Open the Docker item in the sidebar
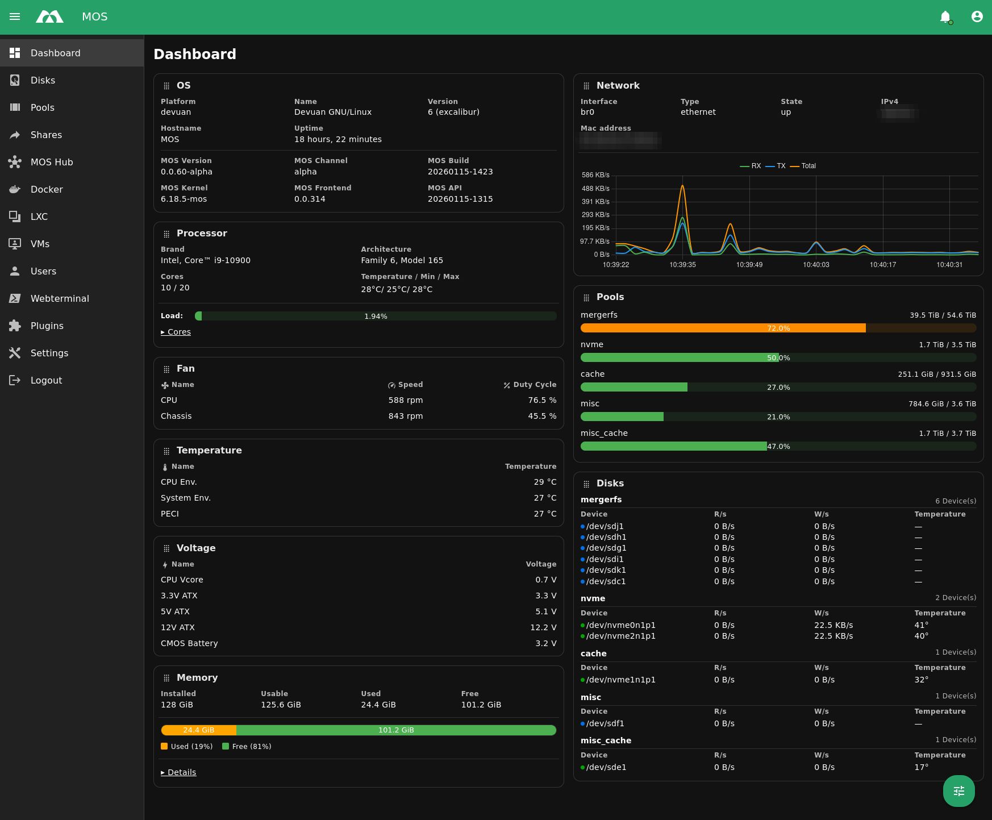pyautogui.click(x=47, y=189)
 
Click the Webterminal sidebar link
pyautogui.click(x=60, y=298)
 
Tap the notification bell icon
pyautogui.click(x=945, y=17)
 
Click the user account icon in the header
pyautogui.click(x=977, y=17)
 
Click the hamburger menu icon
pyautogui.click(x=15, y=17)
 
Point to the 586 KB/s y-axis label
pyautogui.click(x=595, y=175)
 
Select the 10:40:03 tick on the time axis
pyautogui.click(x=816, y=265)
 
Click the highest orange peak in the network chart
pyautogui.click(x=682, y=186)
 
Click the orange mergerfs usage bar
pyautogui.click(x=723, y=328)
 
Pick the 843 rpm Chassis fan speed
pyautogui.click(x=405, y=416)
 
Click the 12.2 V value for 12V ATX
pyautogui.click(x=543, y=627)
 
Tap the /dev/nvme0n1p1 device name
pyautogui.click(x=620, y=625)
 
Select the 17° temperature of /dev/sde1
pyautogui.click(x=921, y=767)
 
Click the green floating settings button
pyautogui.click(x=958, y=790)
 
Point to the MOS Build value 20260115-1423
pyautogui.click(x=460, y=172)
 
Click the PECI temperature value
pyautogui.click(x=544, y=514)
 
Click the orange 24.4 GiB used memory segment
pyautogui.click(x=198, y=730)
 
